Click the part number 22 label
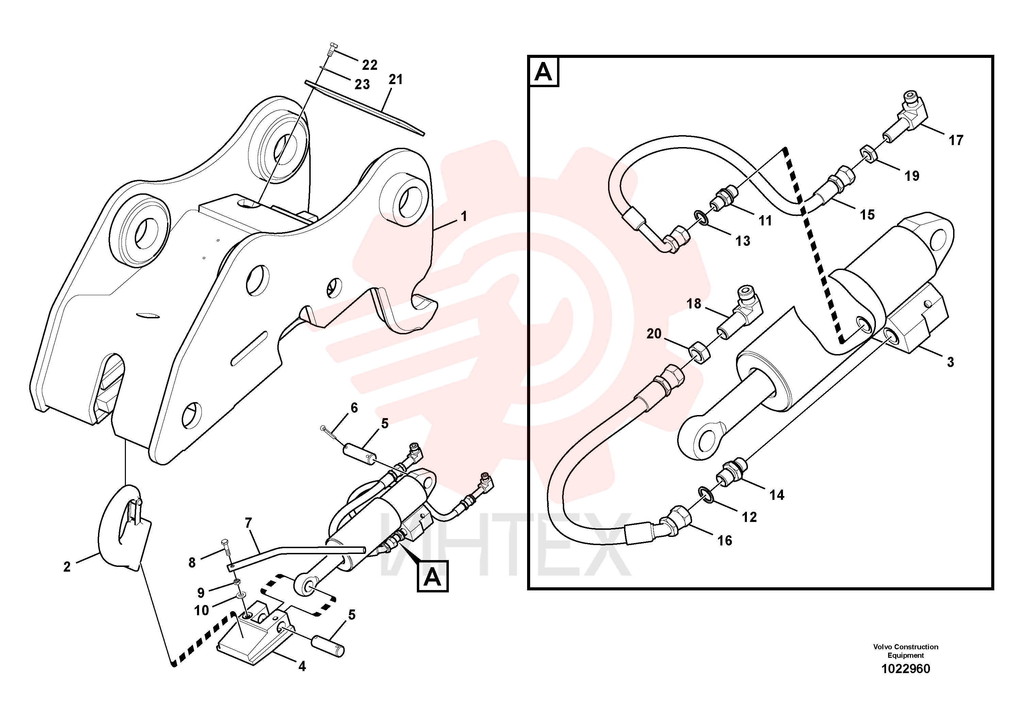click(370, 65)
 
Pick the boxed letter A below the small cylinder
click(432, 576)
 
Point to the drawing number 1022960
click(906, 669)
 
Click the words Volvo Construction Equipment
click(906, 651)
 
